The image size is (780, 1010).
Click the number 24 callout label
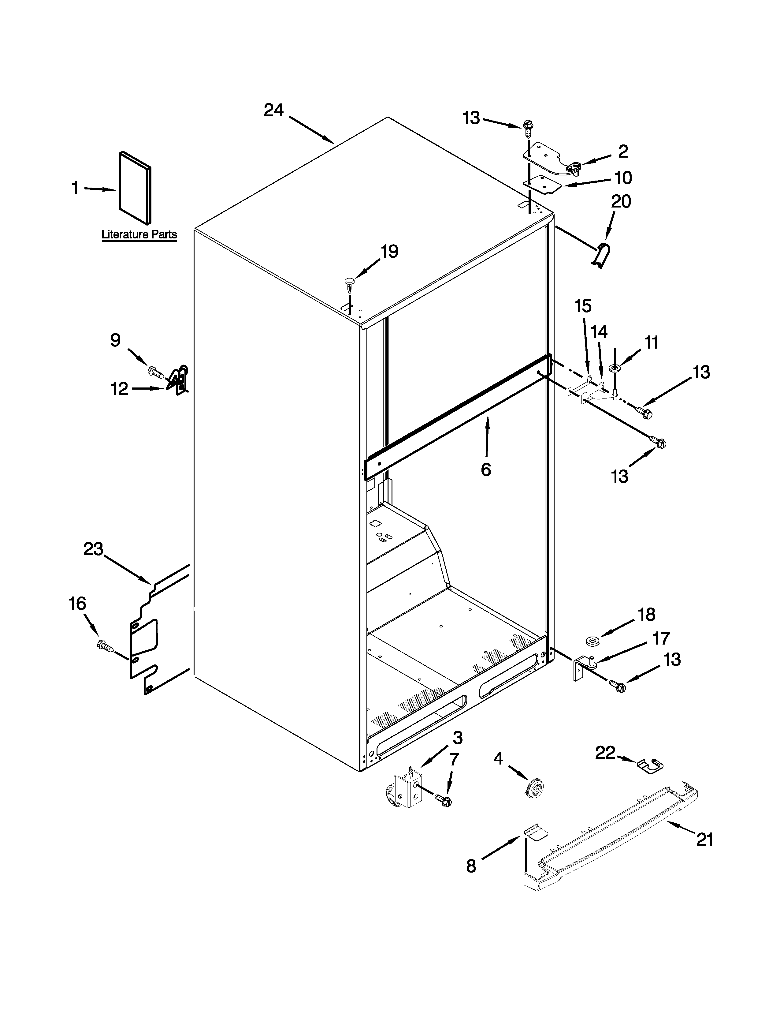[x=273, y=110]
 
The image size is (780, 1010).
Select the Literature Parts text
[x=139, y=234]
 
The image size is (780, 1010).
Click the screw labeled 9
[x=156, y=371]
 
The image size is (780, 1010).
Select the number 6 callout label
[x=486, y=470]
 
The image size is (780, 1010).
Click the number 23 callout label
[x=93, y=549]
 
